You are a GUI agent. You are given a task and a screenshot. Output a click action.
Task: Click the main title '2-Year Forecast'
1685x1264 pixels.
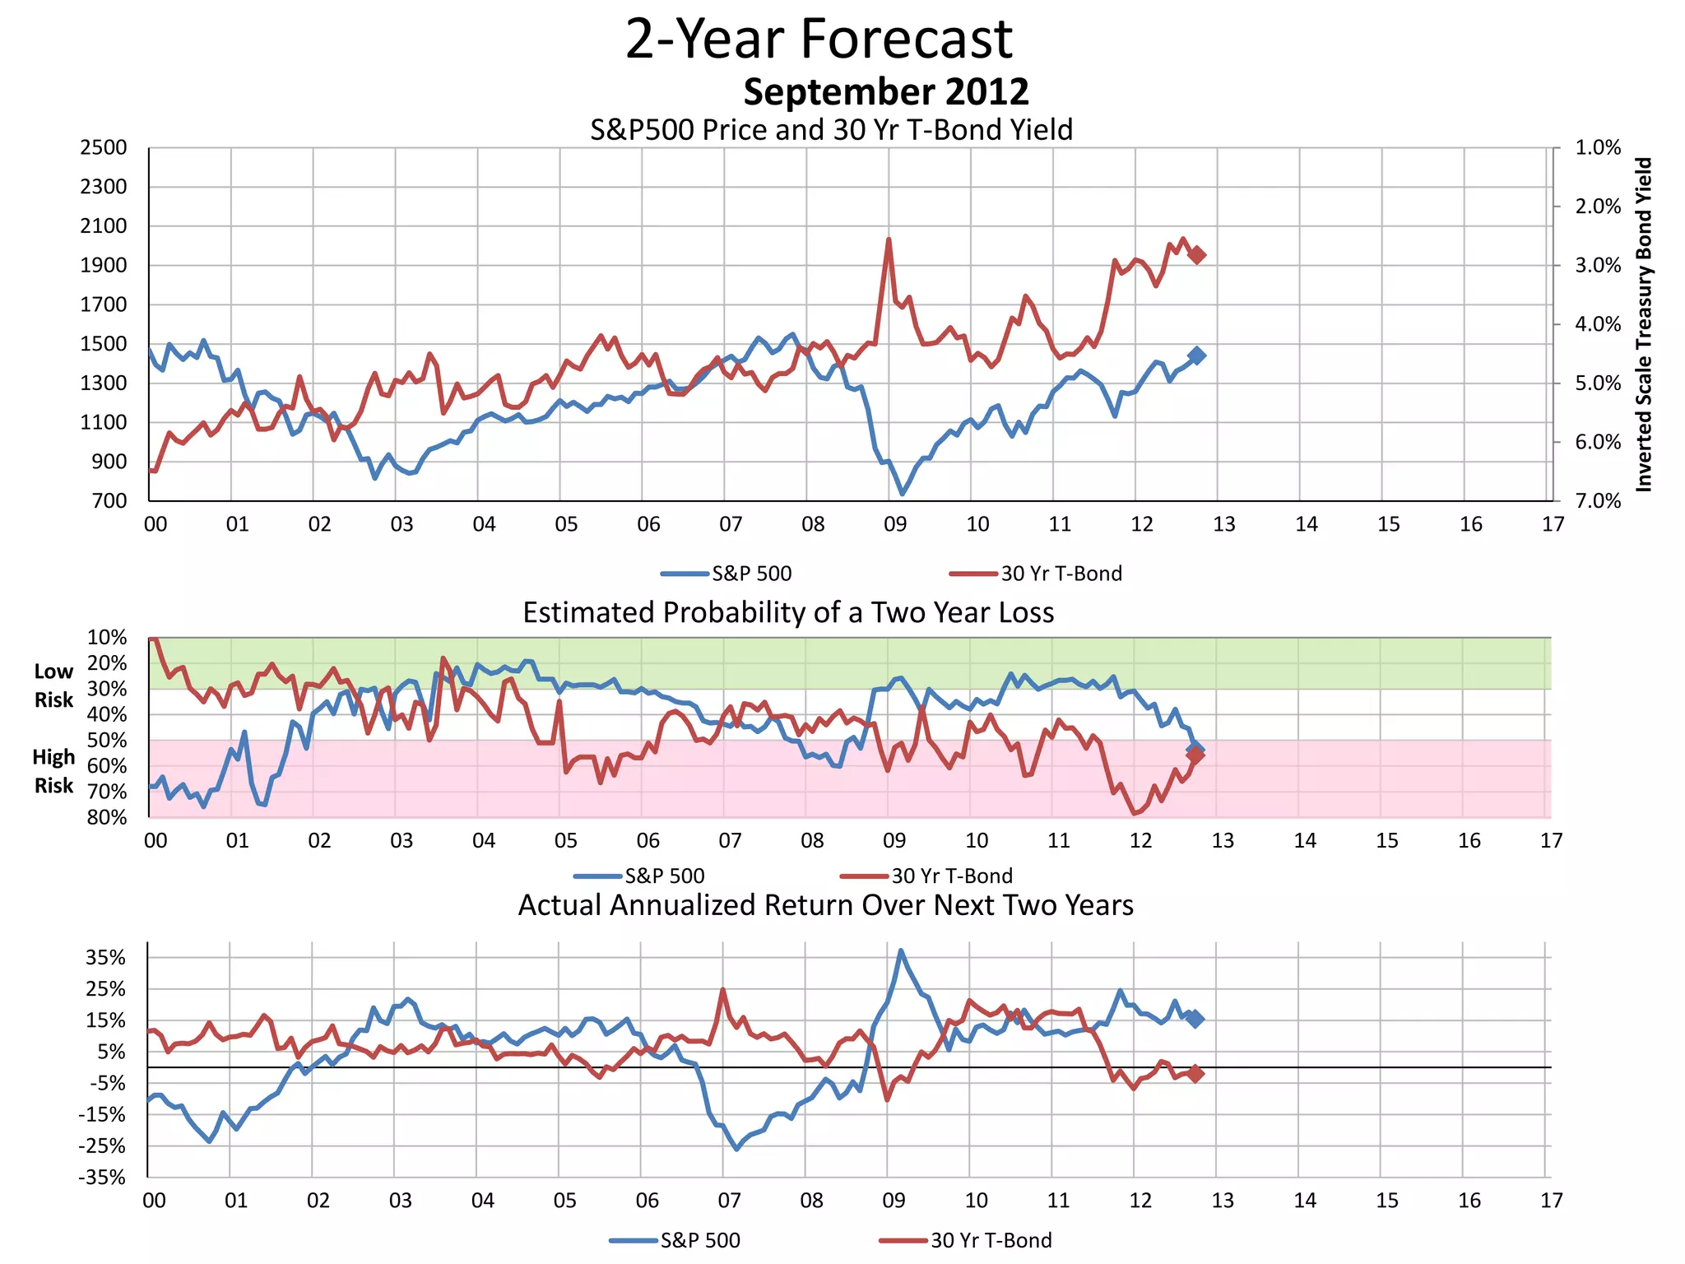(x=819, y=39)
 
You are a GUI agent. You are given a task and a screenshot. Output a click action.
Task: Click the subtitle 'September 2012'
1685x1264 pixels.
(x=886, y=91)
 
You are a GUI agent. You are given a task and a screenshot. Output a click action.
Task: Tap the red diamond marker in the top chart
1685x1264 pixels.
(x=1197, y=255)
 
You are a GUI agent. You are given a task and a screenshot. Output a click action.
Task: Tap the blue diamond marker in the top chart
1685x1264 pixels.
(x=1197, y=355)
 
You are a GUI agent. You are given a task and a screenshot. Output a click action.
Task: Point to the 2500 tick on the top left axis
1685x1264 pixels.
(x=104, y=148)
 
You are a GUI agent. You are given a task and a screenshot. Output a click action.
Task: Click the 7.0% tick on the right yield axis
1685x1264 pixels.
(x=1598, y=501)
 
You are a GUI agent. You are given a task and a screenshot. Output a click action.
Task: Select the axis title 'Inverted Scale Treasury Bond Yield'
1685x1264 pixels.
(x=1644, y=324)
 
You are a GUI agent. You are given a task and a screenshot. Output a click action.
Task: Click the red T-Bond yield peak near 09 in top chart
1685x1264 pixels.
(x=889, y=240)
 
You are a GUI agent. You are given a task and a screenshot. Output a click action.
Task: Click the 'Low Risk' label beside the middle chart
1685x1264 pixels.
(x=53, y=685)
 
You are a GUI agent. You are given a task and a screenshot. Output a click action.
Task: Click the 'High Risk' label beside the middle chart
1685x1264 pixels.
(x=53, y=771)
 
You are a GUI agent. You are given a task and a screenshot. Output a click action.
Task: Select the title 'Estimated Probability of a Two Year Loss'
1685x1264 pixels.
(x=788, y=613)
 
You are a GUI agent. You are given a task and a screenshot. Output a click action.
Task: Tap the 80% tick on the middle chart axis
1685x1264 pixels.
(x=108, y=818)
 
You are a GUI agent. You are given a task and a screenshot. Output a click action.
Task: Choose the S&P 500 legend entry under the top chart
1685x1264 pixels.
(x=727, y=574)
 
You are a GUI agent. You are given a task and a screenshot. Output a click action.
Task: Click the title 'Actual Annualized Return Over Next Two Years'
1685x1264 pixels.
(x=825, y=905)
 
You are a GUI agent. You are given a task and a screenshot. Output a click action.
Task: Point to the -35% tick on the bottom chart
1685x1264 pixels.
(x=103, y=1178)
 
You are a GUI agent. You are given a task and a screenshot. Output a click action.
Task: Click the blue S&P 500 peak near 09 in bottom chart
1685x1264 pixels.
(x=901, y=950)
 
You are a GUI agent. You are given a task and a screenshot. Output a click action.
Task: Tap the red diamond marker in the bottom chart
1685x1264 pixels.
(x=1195, y=1074)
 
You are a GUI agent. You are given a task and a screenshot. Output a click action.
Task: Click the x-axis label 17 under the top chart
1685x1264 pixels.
(x=1553, y=525)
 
